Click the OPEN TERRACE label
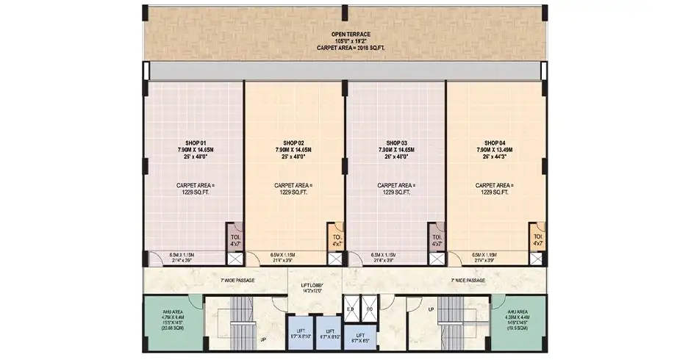click(350, 34)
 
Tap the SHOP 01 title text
click(195, 143)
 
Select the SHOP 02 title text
click(293, 143)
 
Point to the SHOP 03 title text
click(396, 143)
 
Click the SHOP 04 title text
click(494, 143)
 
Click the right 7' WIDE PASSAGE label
click(468, 280)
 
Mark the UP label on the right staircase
click(432, 309)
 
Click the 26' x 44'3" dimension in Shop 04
click(494, 157)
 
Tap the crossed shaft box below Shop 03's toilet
click(437, 258)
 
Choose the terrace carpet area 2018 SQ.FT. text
click(350, 48)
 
